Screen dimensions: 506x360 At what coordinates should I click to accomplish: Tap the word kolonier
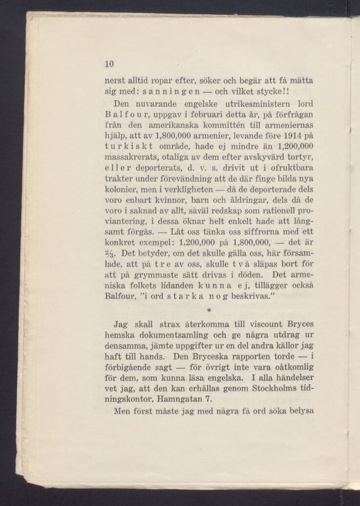click(121, 188)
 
